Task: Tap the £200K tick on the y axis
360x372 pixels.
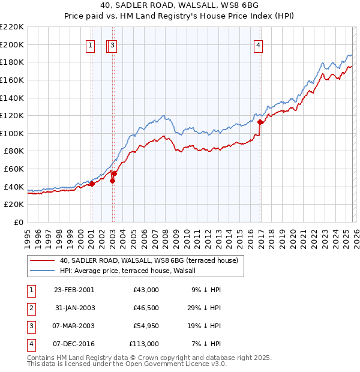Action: [x=12, y=44]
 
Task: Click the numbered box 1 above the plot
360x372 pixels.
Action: [x=91, y=44]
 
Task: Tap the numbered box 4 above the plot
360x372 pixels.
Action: [x=258, y=44]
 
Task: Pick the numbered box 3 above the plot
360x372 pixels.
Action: [x=113, y=44]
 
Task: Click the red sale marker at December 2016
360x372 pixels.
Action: [x=260, y=122]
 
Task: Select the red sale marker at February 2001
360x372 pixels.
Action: [x=92, y=184]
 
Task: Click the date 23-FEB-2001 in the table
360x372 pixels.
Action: [x=74, y=290]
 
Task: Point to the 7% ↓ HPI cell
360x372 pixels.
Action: [x=208, y=344]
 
